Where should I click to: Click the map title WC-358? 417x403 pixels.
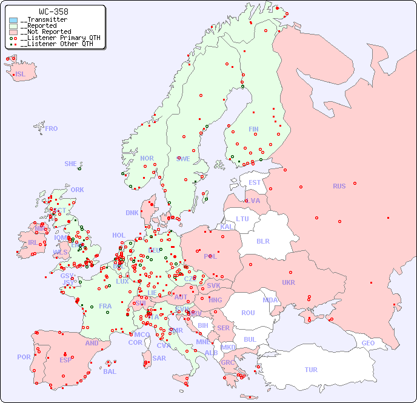(53, 12)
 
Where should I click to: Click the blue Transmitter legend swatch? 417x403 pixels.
(13, 20)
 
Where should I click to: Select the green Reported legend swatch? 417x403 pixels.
(13, 26)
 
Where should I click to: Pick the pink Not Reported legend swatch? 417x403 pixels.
(13, 32)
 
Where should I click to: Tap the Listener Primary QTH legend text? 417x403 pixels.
(60, 38)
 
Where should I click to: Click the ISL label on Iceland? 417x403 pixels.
(20, 75)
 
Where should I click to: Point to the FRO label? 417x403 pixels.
(52, 128)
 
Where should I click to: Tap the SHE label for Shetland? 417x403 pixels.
(70, 164)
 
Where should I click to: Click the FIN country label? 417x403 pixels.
(253, 129)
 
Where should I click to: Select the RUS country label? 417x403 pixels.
(339, 186)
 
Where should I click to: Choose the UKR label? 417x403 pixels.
(289, 282)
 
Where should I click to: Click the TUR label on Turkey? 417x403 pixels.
(311, 370)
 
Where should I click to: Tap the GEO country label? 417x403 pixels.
(368, 343)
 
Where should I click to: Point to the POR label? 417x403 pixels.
(24, 357)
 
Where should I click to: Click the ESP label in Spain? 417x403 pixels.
(65, 359)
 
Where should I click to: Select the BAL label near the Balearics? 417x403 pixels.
(110, 371)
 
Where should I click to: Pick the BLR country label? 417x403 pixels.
(263, 241)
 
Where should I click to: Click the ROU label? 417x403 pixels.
(248, 313)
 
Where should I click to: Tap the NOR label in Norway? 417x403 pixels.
(147, 158)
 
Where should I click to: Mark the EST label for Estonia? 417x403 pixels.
(255, 182)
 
